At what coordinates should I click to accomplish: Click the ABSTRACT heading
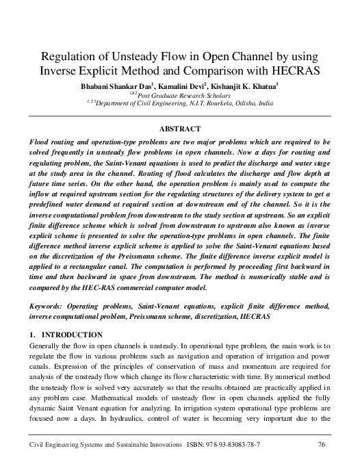coord(179,129)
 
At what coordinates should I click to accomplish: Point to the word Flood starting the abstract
coord(38,142)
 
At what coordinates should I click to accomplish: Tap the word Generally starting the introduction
coord(44,347)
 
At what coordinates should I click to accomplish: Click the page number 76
coord(321,445)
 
